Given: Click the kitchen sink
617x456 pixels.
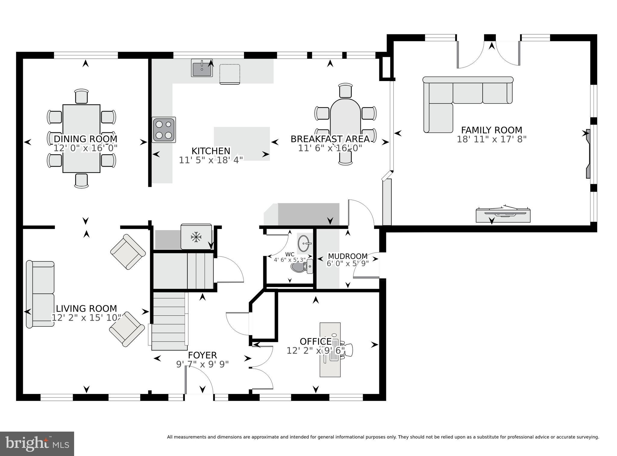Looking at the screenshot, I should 202,68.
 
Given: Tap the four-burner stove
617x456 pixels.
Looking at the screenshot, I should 164,130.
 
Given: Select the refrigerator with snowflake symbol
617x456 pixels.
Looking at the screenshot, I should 196,237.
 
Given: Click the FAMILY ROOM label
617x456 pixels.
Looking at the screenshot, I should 491,130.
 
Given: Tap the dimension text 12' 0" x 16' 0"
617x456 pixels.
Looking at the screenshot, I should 85,148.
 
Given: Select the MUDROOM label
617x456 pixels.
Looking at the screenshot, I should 347,256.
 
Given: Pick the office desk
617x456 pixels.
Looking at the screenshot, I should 330,350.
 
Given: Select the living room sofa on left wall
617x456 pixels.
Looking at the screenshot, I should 40,294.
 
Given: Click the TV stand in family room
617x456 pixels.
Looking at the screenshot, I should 503,215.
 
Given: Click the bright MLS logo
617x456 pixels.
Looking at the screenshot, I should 37,444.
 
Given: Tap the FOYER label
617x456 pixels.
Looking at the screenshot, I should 202,355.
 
